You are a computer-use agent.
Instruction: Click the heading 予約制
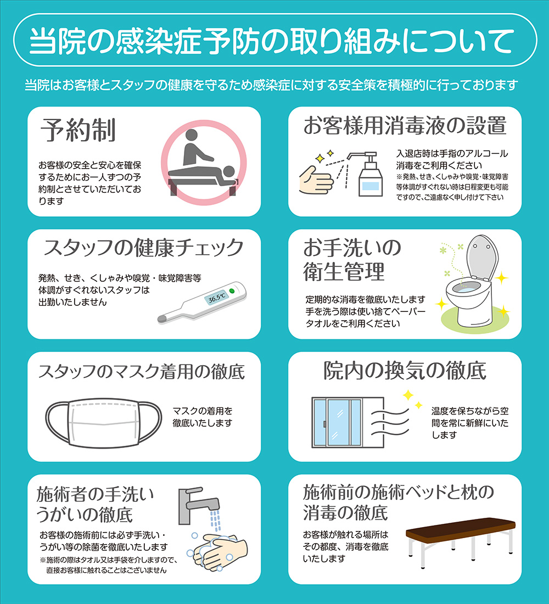click(x=78, y=130)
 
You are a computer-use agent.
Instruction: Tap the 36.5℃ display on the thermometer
click(x=216, y=297)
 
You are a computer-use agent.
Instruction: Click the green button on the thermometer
click(x=232, y=290)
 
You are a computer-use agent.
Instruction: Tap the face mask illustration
click(x=104, y=423)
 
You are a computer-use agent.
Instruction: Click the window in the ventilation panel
click(x=338, y=423)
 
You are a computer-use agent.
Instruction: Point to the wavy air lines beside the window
click(x=389, y=423)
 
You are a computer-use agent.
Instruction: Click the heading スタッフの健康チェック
click(x=143, y=248)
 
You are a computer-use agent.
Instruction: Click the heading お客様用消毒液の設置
click(x=405, y=126)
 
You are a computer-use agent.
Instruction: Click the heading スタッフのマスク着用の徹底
click(x=142, y=371)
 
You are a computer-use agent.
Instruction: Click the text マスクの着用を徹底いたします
click(x=203, y=417)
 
